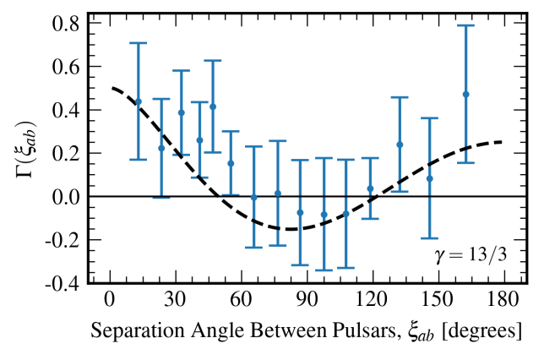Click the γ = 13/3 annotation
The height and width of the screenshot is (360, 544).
click(467, 256)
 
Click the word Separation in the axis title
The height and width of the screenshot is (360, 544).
click(132, 332)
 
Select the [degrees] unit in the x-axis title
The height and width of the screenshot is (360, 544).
click(475, 332)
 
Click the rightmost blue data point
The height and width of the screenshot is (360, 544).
click(465, 94)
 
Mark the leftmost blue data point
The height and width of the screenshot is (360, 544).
click(139, 101)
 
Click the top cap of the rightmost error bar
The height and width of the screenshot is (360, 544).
click(465, 25)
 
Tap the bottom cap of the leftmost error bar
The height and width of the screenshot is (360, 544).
click(139, 159)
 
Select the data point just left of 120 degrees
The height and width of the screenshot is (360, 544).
click(370, 188)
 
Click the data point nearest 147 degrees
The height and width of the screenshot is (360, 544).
click(429, 178)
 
